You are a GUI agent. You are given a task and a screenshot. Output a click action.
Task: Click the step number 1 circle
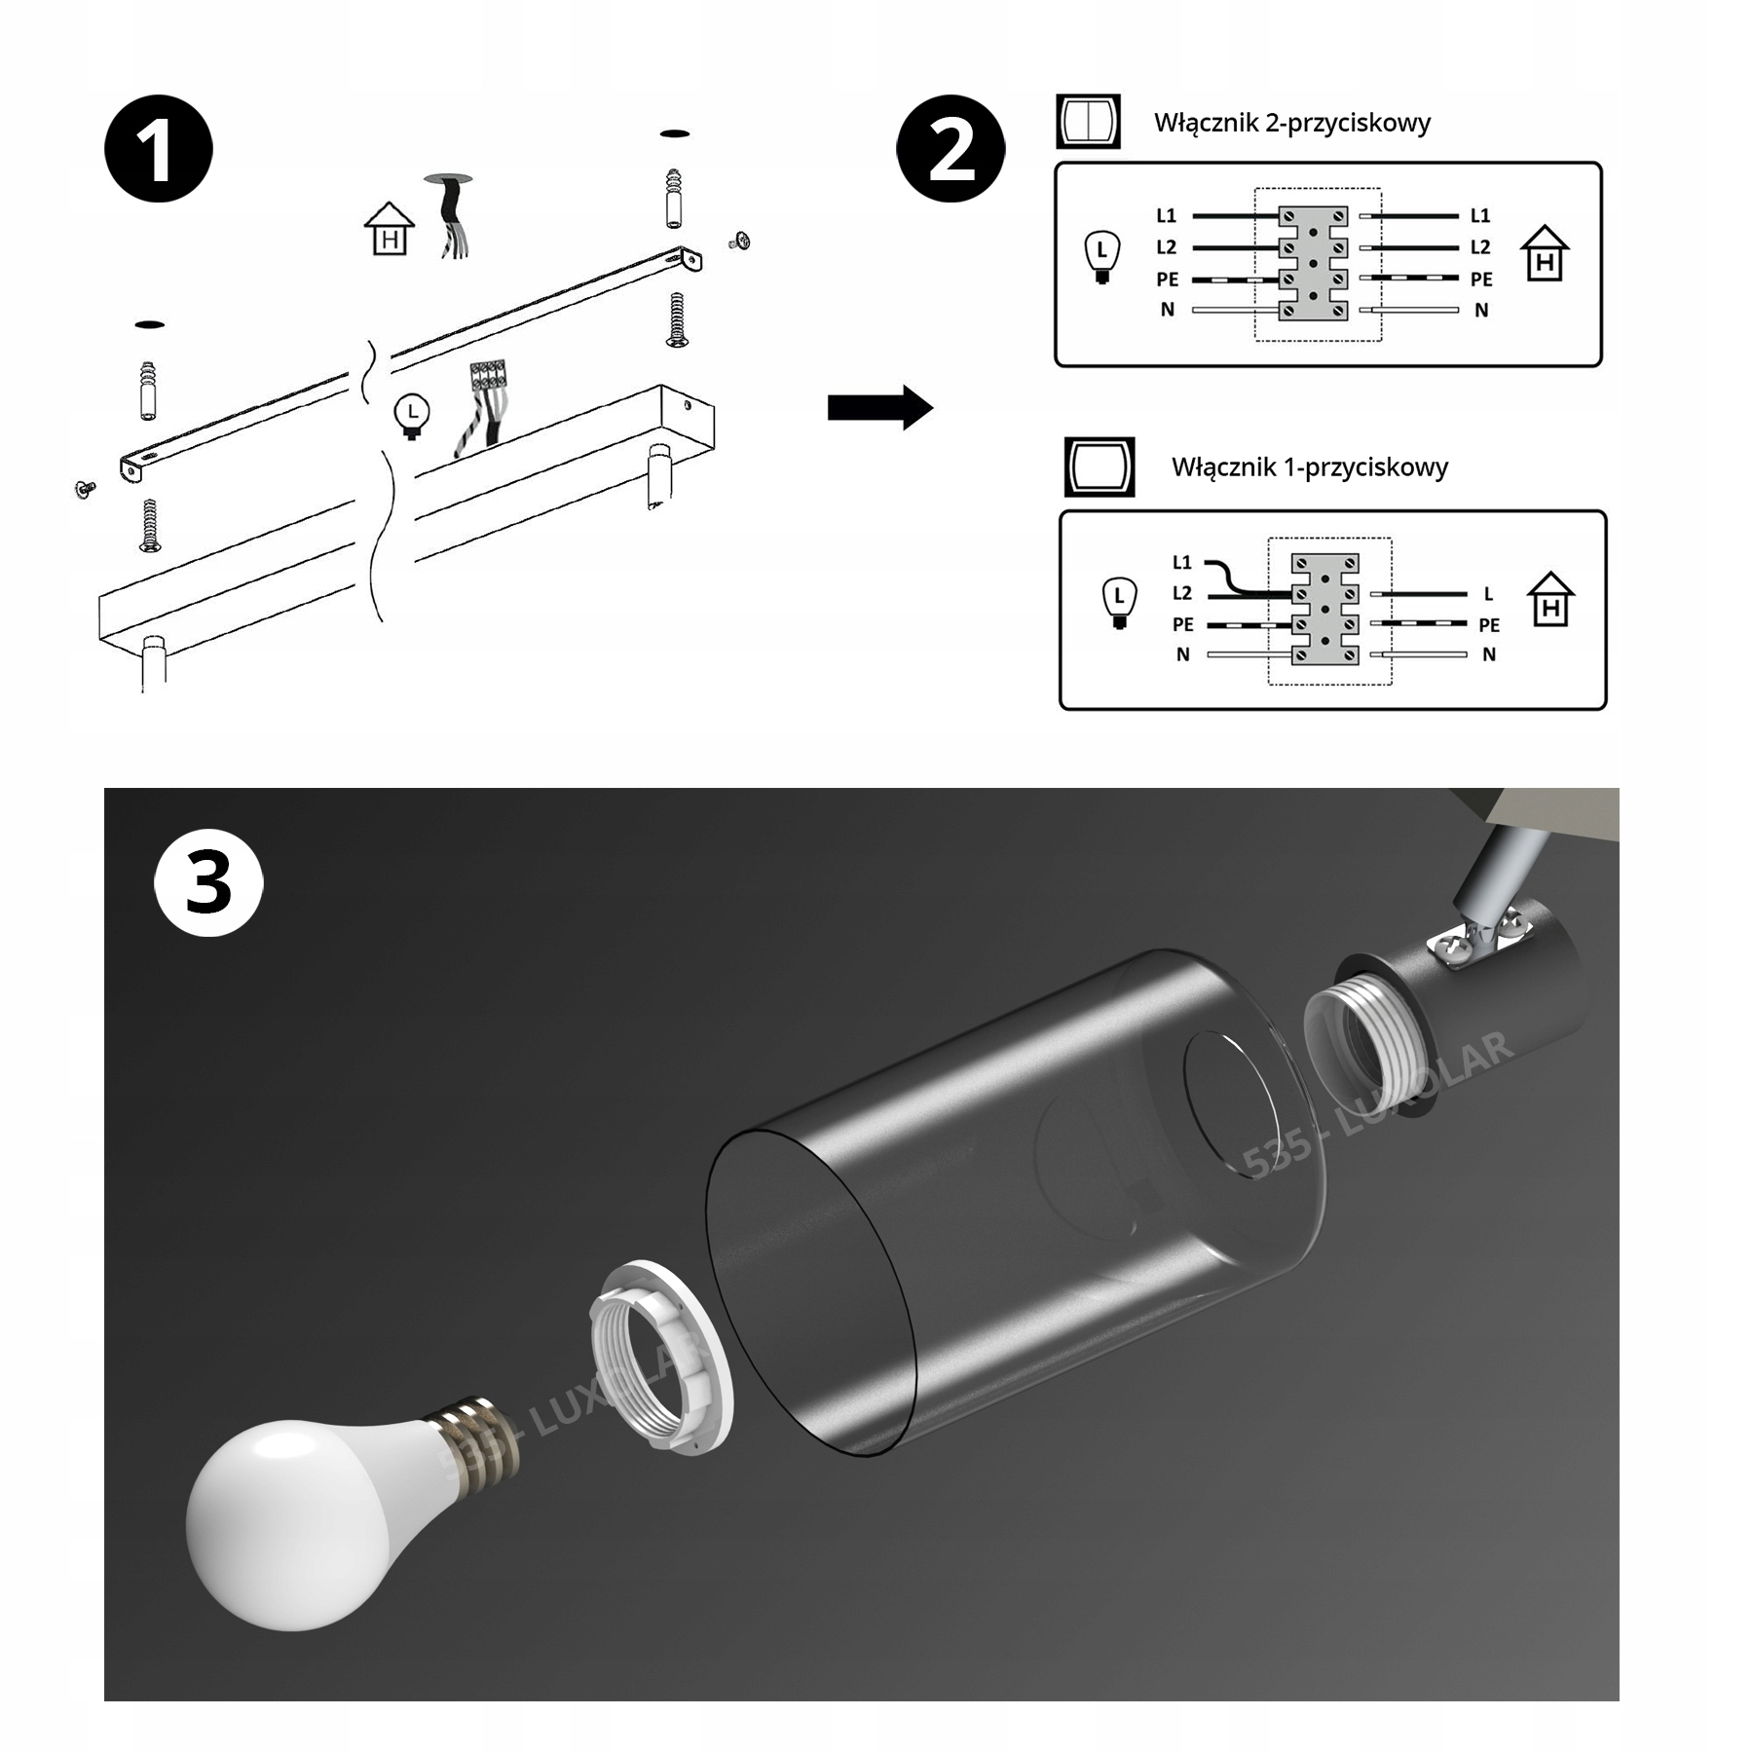159,149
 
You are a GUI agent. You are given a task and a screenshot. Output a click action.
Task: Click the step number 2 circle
951,149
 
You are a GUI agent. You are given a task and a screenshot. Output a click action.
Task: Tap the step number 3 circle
208,883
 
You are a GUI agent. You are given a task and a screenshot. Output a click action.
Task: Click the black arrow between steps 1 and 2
879,407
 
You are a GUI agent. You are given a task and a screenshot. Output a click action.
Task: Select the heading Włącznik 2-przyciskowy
1291,123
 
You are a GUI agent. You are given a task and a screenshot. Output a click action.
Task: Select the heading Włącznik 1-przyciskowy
1309,467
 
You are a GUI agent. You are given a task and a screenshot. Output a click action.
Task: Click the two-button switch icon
1088,122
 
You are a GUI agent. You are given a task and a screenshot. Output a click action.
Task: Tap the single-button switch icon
1100,466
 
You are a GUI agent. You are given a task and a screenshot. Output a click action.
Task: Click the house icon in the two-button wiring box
1545,255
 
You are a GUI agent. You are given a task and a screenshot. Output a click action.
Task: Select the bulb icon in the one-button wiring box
1119,603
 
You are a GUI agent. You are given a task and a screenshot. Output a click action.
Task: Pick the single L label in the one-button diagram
1488,593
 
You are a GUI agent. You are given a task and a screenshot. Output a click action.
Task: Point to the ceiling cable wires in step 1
451,219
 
